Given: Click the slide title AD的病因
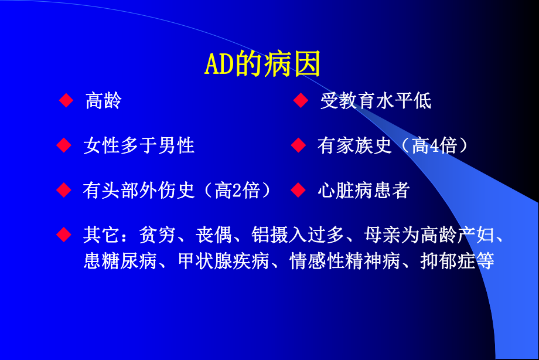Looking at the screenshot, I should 262,65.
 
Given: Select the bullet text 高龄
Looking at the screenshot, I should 103,101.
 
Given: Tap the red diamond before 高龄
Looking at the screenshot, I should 66,101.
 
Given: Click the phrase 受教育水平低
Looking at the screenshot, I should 375,101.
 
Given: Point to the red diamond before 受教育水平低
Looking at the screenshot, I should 301,101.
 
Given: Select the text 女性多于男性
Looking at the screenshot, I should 139,145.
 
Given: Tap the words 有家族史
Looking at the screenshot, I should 354,145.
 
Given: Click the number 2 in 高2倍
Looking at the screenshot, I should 237,191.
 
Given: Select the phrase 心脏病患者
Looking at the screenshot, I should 363,191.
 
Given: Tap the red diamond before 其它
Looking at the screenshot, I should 64,235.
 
